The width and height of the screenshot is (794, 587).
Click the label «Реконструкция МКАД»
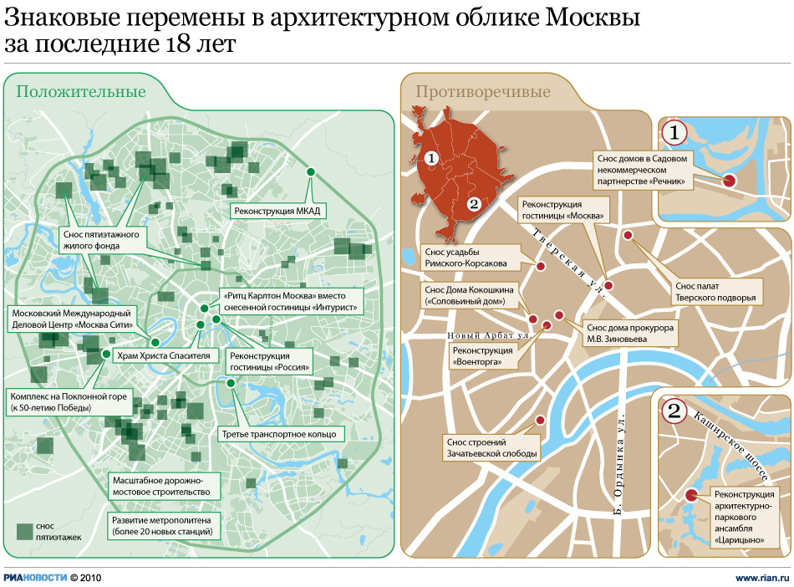coord(277,211)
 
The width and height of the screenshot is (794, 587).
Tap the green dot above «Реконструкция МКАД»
coord(311,171)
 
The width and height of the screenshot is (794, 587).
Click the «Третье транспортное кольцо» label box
coord(279,434)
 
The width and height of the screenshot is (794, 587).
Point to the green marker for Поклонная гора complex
coord(106,354)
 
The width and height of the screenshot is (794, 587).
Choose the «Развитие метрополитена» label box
coord(162,524)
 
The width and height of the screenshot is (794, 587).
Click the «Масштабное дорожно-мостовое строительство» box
coord(154,486)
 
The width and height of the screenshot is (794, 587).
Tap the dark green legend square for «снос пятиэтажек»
coord(23,530)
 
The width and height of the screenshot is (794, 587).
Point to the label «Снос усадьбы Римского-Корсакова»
coord(465,257)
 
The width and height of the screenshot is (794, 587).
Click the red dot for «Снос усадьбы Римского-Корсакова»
coord(541,266)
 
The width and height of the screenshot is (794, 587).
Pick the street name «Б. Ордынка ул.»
coord(621,462)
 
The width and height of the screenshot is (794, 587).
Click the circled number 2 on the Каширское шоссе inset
coord(674,411)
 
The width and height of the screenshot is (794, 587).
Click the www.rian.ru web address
coord(761,577)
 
